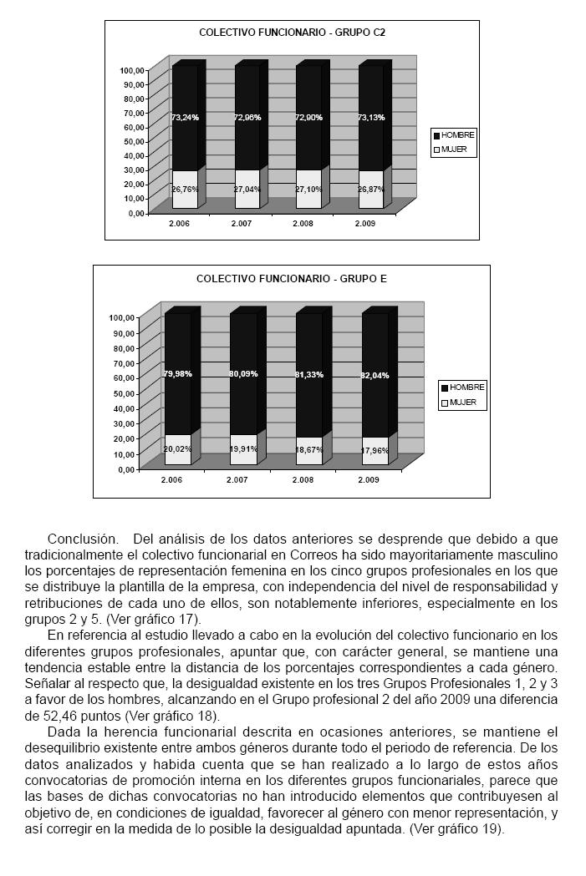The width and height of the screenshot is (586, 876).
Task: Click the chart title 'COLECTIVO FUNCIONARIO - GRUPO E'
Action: (291, 278)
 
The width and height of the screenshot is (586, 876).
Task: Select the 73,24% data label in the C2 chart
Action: (185, 118)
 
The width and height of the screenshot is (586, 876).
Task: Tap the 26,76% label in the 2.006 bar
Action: (185, 190)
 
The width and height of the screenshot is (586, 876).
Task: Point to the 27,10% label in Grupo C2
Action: (308, 190)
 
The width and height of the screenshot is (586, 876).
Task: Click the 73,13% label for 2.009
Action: (370, 118)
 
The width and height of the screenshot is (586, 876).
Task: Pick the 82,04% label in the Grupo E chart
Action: (374, 375)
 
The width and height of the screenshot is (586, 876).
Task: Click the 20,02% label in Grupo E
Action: (177, 448)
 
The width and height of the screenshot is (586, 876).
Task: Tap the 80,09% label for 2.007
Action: (243, 374)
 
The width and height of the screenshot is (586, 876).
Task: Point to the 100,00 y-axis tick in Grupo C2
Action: (133, 70)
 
